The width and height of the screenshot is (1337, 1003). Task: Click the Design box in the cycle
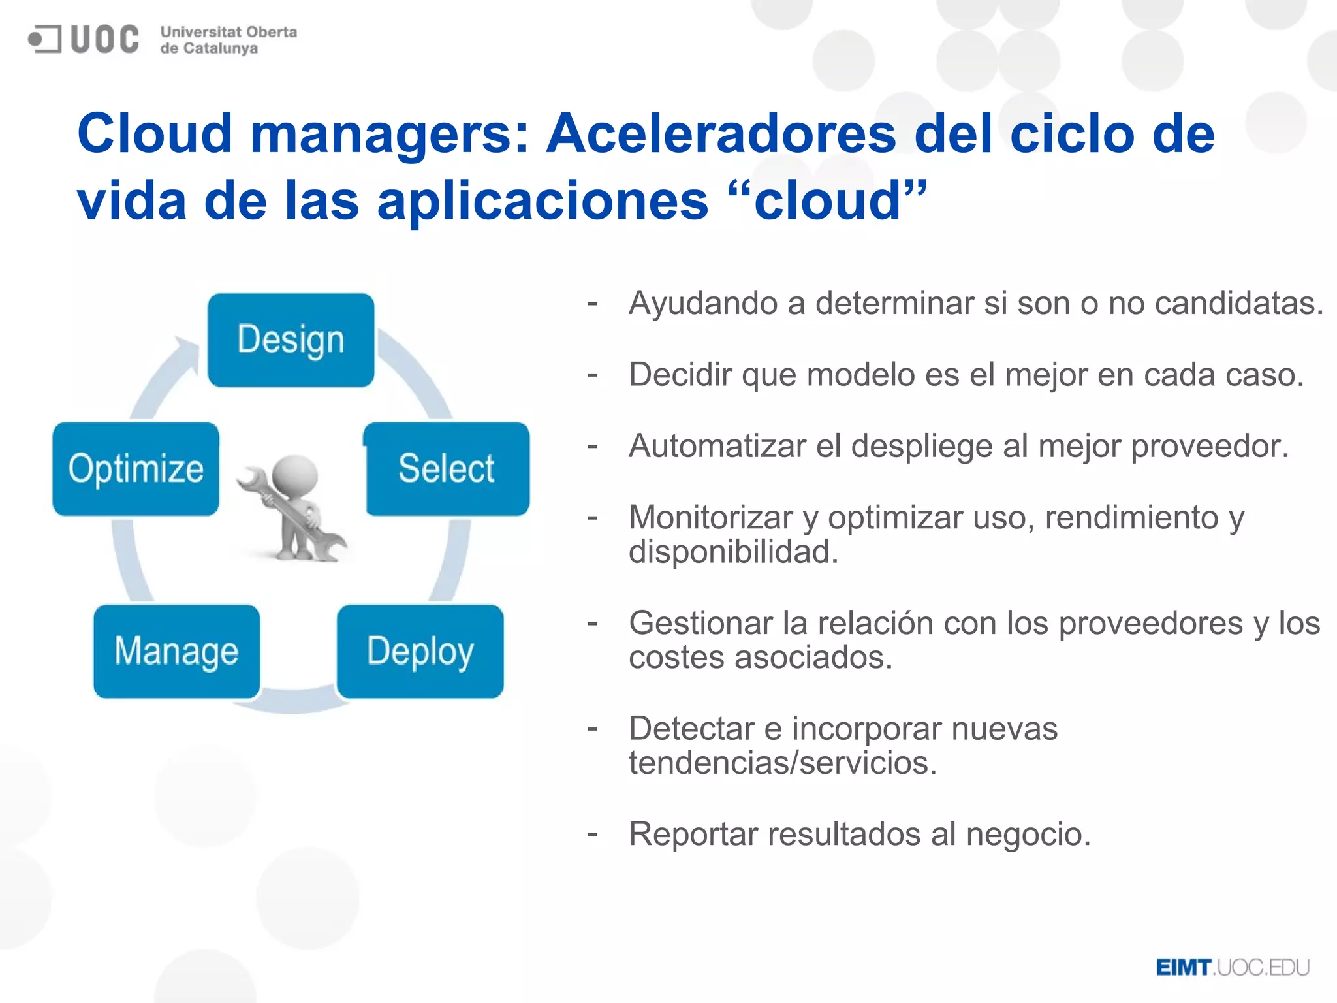(291, 340)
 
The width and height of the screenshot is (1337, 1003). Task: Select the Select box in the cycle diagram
(447, 469)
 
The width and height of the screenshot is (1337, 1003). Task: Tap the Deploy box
(420, 652)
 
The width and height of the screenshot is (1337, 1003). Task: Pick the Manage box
(176, 652)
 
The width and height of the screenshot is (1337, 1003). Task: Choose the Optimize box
(136, 469)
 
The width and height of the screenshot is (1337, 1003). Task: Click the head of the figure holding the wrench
(295, 475)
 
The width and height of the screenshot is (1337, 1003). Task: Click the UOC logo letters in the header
(104, 39)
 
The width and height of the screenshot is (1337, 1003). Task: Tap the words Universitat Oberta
(228, 32)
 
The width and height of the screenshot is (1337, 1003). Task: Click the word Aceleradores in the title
(721, 134)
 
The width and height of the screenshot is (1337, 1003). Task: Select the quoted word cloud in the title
(828, 200)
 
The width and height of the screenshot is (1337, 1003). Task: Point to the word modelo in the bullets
(851, 375)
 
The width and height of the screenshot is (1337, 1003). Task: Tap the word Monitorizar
(710, 518)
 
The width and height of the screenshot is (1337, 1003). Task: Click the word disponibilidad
(732, 552)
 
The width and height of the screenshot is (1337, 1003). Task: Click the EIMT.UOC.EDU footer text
(1233, 968)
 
